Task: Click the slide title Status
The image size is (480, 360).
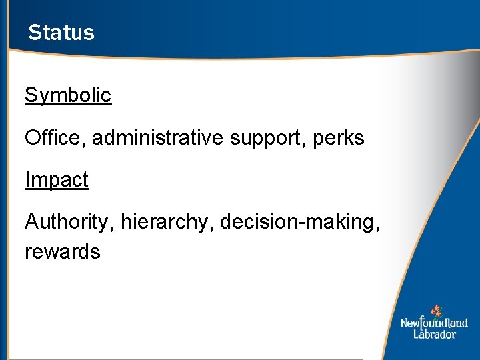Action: pos(61,33)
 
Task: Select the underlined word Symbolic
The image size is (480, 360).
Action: pos(68,95)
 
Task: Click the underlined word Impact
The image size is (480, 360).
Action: pos(57,180)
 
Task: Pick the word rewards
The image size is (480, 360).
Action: pos(63,252)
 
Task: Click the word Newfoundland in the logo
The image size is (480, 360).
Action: pos(434,323)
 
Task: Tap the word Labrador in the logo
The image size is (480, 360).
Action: pos(434,334)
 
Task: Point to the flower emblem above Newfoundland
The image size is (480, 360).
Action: pos(437,311)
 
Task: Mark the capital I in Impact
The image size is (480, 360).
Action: pos(27,180)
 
